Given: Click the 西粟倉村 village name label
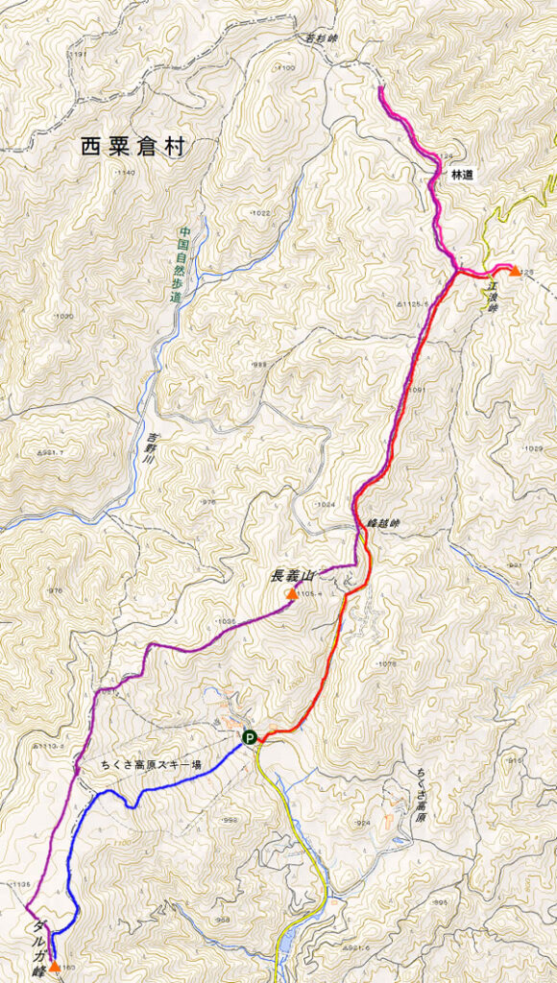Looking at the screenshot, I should [133, 147].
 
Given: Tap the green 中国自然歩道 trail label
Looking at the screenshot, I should [178, 265].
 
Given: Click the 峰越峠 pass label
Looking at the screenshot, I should [381, 524].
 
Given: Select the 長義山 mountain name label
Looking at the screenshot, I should [293, 576].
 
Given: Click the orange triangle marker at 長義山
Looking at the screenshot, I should [291, 594].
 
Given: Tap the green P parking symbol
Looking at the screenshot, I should [249, 737].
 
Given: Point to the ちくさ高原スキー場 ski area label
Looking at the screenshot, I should [151, 765].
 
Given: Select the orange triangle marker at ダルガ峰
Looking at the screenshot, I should [55, 966].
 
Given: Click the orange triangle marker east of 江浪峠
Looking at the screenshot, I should [515, 271].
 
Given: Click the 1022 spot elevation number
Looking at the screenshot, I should [259, 212].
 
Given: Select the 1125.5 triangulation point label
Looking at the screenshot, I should [410, 303].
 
